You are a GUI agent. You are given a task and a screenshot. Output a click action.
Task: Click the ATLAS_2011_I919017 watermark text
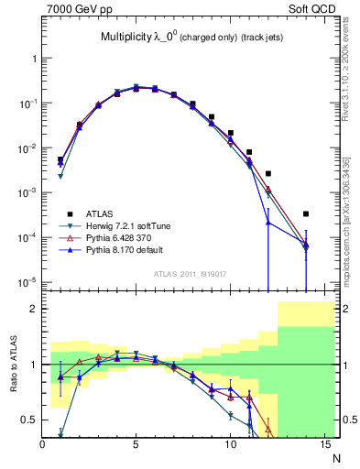pos(191,273)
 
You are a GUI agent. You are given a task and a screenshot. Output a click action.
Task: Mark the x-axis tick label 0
pos(42,446)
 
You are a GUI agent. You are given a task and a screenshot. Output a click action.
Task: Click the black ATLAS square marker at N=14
pos(306,214)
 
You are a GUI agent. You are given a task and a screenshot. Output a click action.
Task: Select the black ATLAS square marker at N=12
pos(268,173)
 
